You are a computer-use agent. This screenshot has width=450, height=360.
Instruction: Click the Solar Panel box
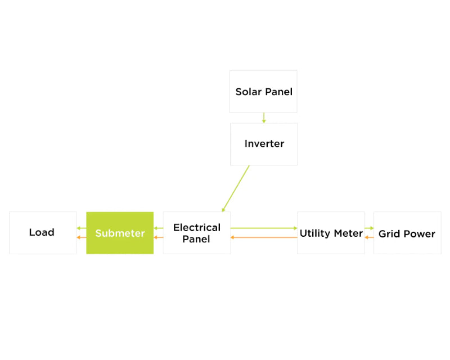point(263,92)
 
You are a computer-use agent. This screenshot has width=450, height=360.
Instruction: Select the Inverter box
point(264,144)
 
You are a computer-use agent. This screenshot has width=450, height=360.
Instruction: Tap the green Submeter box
point(120,233)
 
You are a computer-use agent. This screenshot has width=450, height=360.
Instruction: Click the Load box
point(43,233)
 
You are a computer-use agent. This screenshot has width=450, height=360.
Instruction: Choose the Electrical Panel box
point(197,233)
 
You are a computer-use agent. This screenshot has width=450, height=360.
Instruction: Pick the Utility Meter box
point(331,233)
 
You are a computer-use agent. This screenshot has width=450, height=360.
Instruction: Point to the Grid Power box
point(407,233)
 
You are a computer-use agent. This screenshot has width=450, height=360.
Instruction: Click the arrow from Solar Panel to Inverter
point(264,118)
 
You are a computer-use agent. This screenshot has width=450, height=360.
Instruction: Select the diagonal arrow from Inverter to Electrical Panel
point(236,188)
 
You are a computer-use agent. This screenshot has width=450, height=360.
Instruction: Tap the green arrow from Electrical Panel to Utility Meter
point(264,228)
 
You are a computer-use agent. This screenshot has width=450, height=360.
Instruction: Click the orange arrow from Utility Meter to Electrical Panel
point(264,237)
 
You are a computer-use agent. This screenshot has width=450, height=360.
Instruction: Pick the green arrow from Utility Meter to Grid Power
point(370,228)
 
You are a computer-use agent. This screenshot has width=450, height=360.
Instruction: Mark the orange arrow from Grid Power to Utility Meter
point(370,237)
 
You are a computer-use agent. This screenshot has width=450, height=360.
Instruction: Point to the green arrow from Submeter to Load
point(82,228)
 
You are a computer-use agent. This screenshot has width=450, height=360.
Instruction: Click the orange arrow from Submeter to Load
point(82,237)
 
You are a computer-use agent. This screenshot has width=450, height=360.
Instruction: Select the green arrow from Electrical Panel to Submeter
point(159,228)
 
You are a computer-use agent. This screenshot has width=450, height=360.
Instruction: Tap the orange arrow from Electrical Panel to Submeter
point(159,237)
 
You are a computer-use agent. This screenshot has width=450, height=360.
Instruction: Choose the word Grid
point(389,233)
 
